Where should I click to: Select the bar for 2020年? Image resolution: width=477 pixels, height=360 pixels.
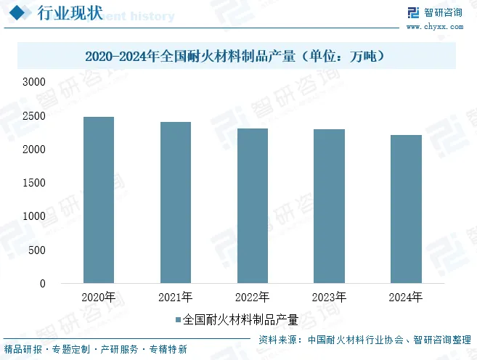coord(99,200)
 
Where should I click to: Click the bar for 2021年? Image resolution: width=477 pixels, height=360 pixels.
coord(176,202)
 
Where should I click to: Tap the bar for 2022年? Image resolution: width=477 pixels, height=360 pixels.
coord(252,205)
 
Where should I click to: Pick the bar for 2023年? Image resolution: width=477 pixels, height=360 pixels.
coord(329,206)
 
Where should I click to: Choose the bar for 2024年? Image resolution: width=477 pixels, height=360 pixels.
coord(406,209)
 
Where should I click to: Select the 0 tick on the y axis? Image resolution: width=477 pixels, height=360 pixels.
coord(42,284)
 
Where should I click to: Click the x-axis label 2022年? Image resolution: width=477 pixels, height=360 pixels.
coord(252,298)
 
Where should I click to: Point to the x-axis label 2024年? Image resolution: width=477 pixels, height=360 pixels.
coord(406,298)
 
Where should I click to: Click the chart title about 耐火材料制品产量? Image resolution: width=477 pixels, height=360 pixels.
coord(235,55)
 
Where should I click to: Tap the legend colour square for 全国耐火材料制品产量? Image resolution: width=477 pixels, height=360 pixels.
coord(179,319)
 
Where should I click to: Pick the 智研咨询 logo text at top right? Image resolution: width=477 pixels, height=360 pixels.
coord(443,12)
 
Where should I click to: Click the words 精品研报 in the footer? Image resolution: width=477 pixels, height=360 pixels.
coord(23,349)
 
